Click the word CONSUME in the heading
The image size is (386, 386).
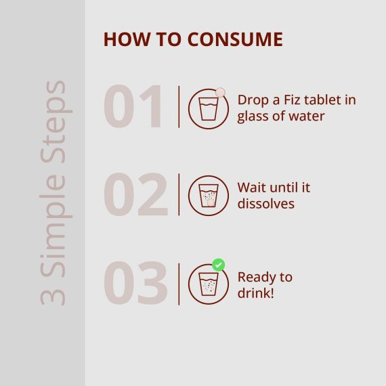coord(235,39)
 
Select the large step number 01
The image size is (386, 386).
coord(133,106)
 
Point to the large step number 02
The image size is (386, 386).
coord(136,194)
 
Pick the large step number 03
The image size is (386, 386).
coord(136,282)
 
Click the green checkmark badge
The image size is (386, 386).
coord(218,265)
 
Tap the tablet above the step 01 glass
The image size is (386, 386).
coord(220,92)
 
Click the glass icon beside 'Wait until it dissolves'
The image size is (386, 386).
coord(209,196)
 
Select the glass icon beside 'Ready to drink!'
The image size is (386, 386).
coord(209,284)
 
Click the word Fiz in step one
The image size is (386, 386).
coord(292,100)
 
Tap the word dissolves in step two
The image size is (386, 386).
coord(266,204)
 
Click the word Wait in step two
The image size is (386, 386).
coord(252,188)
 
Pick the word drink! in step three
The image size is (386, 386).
coord(255,293)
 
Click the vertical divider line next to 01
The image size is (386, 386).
coord(179,107)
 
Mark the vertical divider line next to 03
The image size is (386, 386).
coord(179,284)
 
